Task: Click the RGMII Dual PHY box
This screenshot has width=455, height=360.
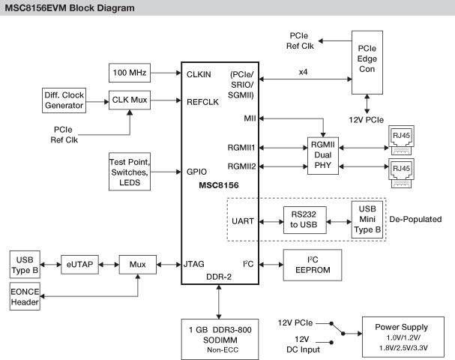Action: point(324,156)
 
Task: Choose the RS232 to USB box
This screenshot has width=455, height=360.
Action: point(304,219)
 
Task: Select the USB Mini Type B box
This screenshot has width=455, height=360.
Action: point(367,218)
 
